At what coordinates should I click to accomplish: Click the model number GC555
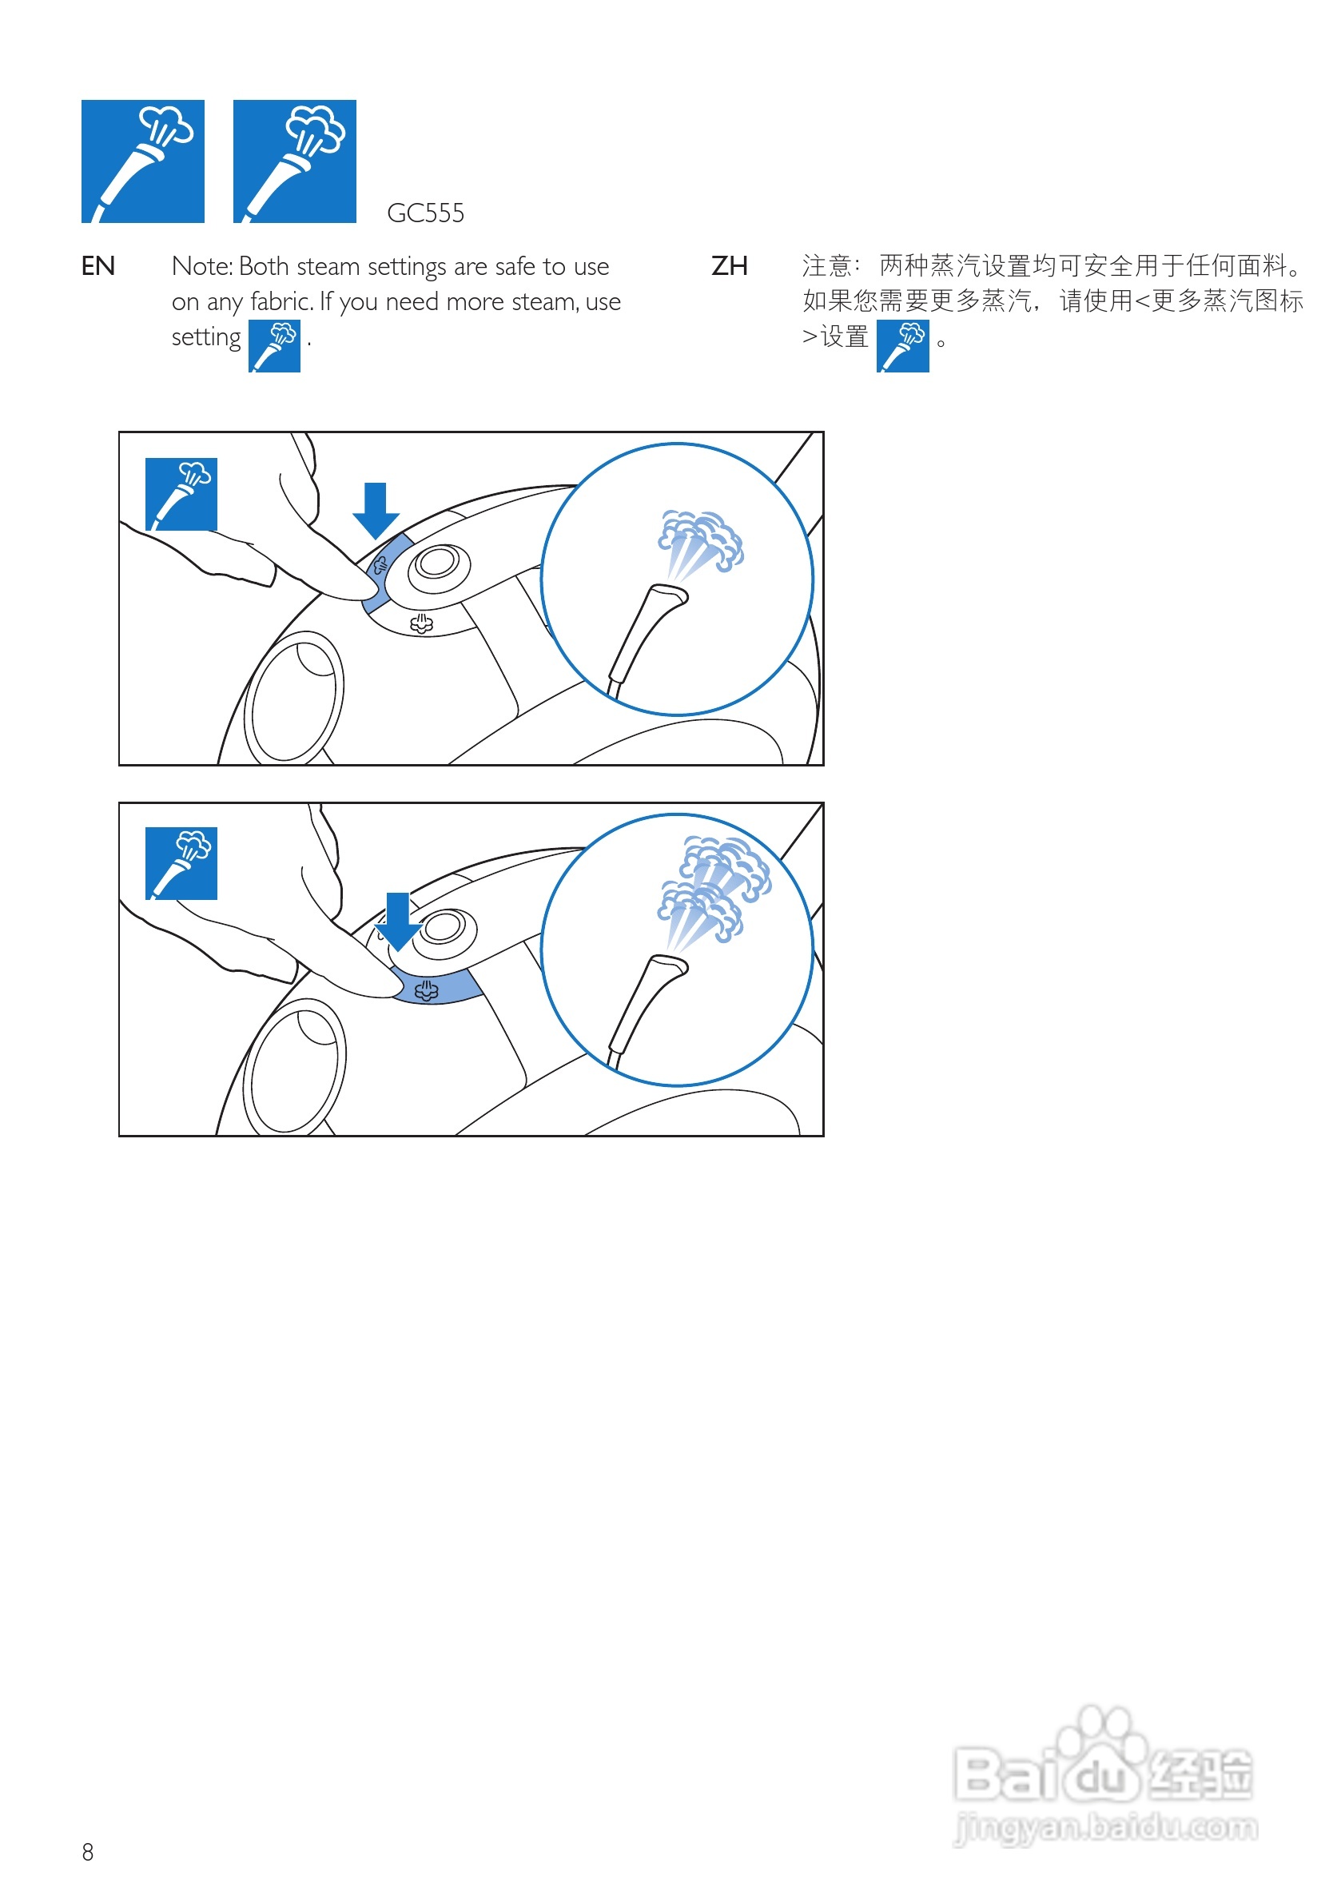(424, 213)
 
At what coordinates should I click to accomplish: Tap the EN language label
(97, 266)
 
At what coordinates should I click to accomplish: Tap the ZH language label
(729, 266)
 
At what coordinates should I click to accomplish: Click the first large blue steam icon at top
(142, 161)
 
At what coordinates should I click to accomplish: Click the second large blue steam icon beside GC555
(294, 161)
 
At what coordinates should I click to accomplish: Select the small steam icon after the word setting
(274, 346)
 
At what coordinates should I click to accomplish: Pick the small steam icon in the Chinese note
(901, 346)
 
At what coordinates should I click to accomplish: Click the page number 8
(88, 1851)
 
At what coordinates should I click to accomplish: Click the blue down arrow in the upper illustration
(376, 510)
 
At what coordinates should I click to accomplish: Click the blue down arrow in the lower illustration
(398, 921)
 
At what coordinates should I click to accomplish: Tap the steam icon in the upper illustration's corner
(181, 494)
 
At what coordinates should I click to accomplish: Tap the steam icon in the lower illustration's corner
(181, 863)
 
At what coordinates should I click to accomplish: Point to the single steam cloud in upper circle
(699, 540)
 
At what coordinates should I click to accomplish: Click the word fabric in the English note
(281, 301)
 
